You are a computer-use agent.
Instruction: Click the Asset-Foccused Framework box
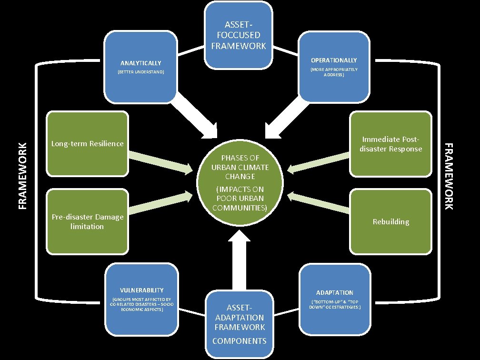[x=239, y=35]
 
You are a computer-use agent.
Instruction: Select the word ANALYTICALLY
[x=140, y=63]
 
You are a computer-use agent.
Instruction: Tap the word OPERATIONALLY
[x=334, y=60]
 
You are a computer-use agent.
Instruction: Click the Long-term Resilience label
[x=87, y=144]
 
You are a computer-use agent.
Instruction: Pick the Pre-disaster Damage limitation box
[x=87, y=221]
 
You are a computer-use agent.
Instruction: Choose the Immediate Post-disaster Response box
[x=391, y=144]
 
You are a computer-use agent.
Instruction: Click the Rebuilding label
[x=391, y=221]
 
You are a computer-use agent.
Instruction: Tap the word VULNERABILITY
[x=142, y=290]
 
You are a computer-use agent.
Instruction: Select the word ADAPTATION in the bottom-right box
[x=335, y=292]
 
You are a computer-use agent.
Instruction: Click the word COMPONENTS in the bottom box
[x=239, y=341]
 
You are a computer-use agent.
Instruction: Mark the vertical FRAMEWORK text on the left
[x=23, y=176]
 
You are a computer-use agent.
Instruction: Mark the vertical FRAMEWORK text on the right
[x=449, y=176]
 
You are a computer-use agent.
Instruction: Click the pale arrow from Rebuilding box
[x=319, y=202]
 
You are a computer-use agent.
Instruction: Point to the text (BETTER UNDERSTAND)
[x=140, y=72]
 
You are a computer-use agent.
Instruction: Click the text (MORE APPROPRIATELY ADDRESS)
[x=334, y=72]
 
